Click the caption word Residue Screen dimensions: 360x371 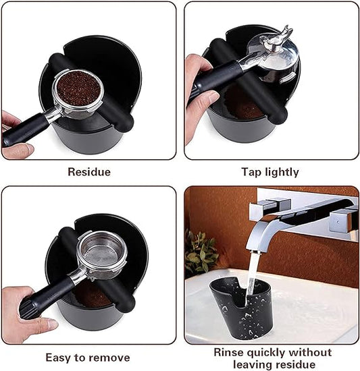(x=89, y=172)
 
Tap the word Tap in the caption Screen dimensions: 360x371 (x=251, y=173)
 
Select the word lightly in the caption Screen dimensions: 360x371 (x=282, y=172)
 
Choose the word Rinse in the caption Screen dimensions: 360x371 (x=228, y=352)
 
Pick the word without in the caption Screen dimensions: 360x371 (x=310, y=352)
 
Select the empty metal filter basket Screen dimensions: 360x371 (x=102, y=251)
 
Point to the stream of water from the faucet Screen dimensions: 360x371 (x=252, y=274)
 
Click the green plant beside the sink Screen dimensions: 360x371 (x=201, y=251)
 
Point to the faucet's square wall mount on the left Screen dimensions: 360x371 (x=269, y=208)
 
